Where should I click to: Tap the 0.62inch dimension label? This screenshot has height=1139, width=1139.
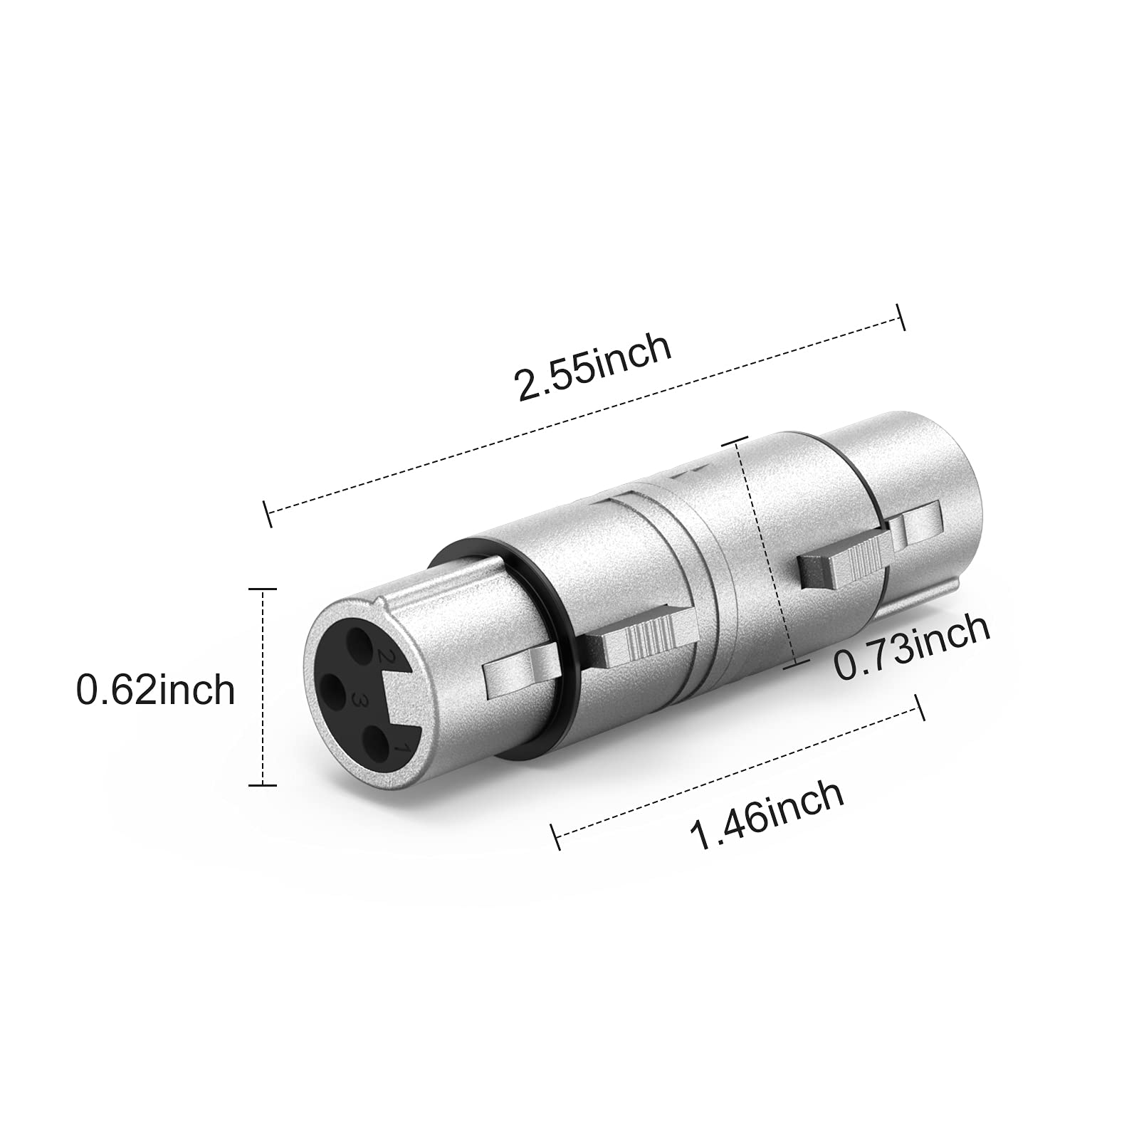point(155,689)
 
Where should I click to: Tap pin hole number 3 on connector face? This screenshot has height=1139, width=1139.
point(332,689)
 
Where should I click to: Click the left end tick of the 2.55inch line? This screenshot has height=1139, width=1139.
point(268,513)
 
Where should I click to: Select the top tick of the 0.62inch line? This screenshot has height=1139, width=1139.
point(264,589)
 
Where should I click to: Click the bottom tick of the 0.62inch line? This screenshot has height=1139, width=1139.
point(264,784)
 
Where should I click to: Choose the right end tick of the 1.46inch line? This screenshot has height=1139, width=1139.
point(920,708)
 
